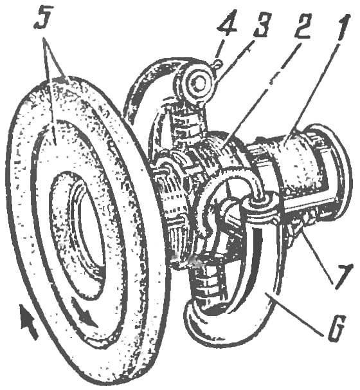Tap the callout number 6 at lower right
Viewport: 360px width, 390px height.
coord(337,328)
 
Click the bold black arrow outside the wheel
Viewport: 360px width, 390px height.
coord(28,322)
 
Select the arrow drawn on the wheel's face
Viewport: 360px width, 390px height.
coord(84,312)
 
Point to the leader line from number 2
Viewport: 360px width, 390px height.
coord(259,91)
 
